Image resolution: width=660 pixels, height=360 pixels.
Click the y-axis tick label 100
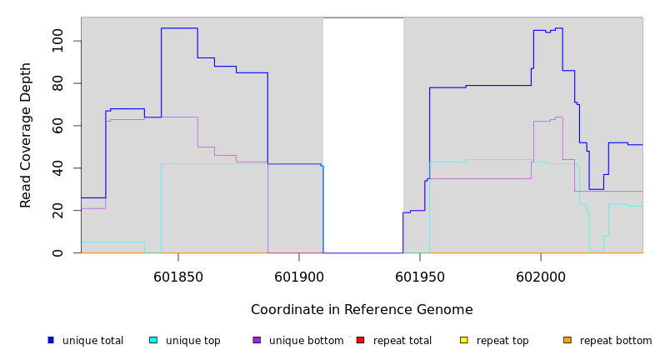coord(57,41)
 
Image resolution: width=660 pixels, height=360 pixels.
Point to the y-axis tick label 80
coord(57,83)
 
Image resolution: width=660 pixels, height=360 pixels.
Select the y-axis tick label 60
coord(57,126)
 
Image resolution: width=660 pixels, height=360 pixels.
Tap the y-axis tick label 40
coord(57,168)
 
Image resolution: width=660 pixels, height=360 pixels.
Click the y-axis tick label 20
coord(57,211)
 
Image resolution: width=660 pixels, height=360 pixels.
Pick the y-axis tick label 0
coord(57,252)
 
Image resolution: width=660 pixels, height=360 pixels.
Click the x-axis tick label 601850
coord(178,277)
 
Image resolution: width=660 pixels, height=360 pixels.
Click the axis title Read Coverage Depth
coord(26,135)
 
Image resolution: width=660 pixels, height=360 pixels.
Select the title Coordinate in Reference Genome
coord(362,310)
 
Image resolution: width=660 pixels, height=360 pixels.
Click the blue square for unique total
coord(51,340)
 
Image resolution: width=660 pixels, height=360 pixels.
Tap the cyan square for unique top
coord(153,340)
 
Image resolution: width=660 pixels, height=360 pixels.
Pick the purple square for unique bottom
coord(257,340)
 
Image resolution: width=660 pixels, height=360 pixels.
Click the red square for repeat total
coord(360,340)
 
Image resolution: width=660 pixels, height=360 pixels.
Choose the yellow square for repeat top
coord(463,340)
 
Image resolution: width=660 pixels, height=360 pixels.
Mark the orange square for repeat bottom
coord(567,340)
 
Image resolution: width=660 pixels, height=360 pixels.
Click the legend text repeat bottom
coord(616,341)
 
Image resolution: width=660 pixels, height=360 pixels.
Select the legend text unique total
coord(92,341)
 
